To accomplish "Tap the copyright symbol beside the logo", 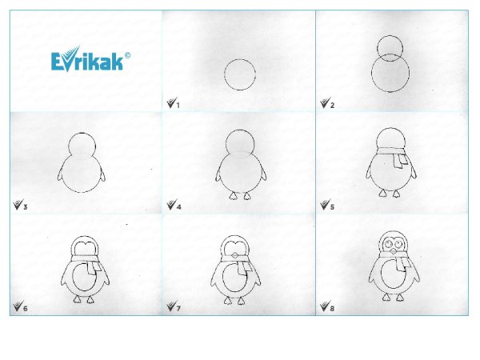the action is click(x=127, y=55).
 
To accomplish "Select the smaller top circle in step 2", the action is click(x=390, y=35).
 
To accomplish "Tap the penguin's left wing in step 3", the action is click(x=60, y=173).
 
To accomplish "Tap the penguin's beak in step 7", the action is click(x=235, y=254).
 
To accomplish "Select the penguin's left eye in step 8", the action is click(x=388, y=244).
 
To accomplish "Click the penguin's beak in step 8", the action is click(x=393, y=252).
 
